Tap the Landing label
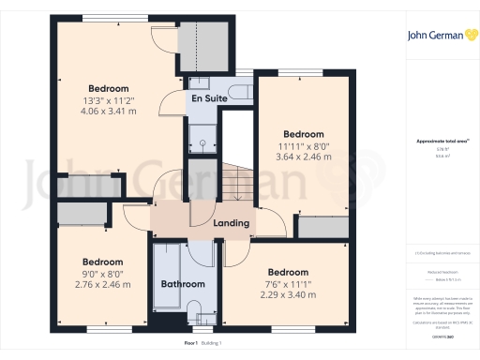(x=232, y=223)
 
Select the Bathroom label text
(x=182, y=283)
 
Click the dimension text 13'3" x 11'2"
(x=109, y=100)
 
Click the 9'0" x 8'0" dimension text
(x=102, y=274)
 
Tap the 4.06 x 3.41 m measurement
(x=109, y=111)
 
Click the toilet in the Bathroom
(x=195, y=314)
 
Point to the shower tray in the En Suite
(x=200, y=140)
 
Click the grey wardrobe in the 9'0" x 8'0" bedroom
(x=83, y=214)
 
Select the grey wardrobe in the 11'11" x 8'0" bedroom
(x=322, y=227)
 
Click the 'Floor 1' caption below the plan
(x=191, y=344)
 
